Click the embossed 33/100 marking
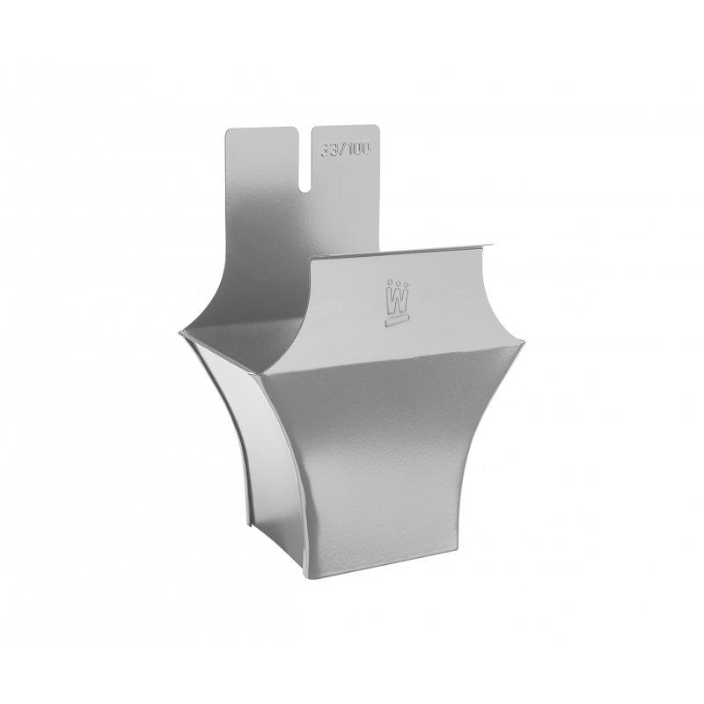click(x=341, y=148)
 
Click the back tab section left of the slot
click(x=262, y=176)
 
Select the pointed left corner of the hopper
click(x=180, y=332)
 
